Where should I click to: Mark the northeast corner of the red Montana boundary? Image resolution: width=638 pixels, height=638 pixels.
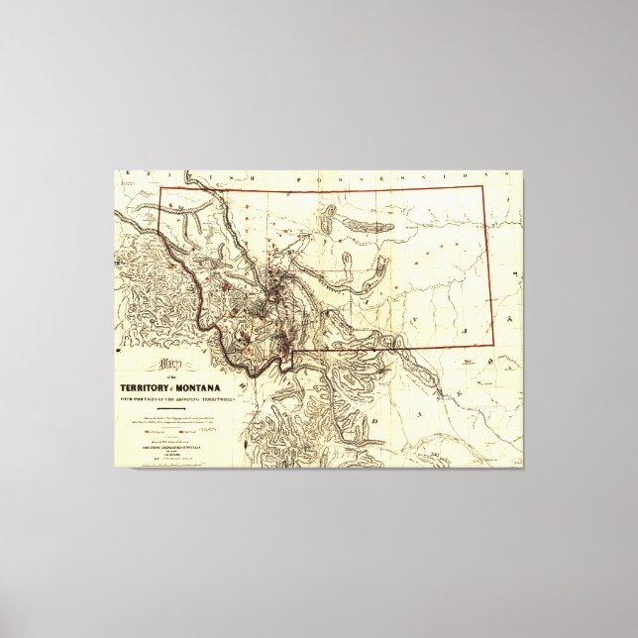pos(481,185)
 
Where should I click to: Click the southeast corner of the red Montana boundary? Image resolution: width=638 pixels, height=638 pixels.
pos(492,345)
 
